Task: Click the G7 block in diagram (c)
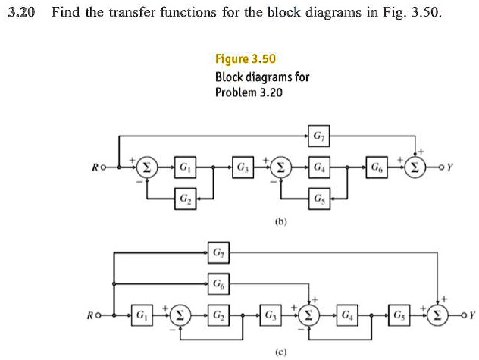pos(218,251)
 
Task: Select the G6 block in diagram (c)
pos(218,282)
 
